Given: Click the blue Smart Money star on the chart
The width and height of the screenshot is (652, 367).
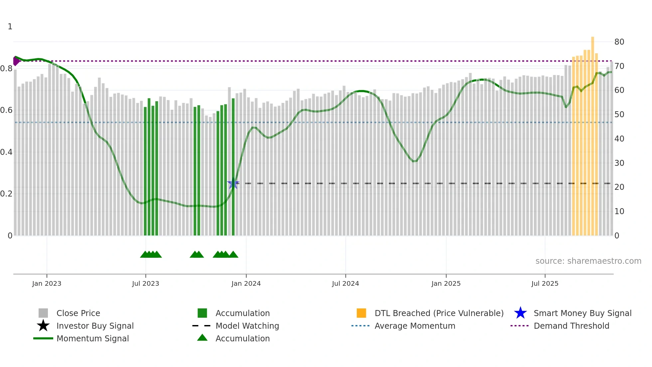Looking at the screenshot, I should pos(233,183).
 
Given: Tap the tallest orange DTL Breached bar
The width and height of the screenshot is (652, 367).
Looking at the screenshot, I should pos(592,133).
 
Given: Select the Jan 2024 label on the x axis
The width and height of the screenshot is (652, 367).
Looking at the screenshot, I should pos(246,283).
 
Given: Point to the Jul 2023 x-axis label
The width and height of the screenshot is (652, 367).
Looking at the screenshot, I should pos(145,283).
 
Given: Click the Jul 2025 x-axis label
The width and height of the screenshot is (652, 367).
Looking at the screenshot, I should pos(545,283).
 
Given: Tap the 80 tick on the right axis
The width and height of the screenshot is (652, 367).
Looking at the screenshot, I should pos(619,42).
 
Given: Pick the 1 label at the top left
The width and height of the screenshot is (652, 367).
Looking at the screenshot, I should pos(10,27).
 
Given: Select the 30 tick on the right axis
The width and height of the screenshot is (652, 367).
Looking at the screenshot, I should pos(619,163).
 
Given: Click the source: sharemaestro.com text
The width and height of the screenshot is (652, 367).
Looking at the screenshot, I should pos(588,261).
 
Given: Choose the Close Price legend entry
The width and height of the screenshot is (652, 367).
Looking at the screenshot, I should pos(78,313).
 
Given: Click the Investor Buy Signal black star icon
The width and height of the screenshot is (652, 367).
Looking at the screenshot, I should pos(43,326).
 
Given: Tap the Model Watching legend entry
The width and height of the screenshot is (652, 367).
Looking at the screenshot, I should pos(247,326).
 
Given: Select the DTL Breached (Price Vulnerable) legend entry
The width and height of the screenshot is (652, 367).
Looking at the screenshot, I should pos(439,313).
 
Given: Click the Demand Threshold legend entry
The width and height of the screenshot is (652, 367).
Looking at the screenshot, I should pos(571,326).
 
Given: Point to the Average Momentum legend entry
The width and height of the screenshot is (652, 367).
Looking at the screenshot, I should pos(414,326).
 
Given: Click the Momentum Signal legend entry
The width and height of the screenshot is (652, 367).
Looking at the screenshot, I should pos(92,338).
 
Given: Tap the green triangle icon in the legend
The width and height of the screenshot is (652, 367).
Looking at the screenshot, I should pos(202,338).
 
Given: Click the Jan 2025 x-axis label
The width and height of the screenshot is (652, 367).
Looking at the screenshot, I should pos(446,283).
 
